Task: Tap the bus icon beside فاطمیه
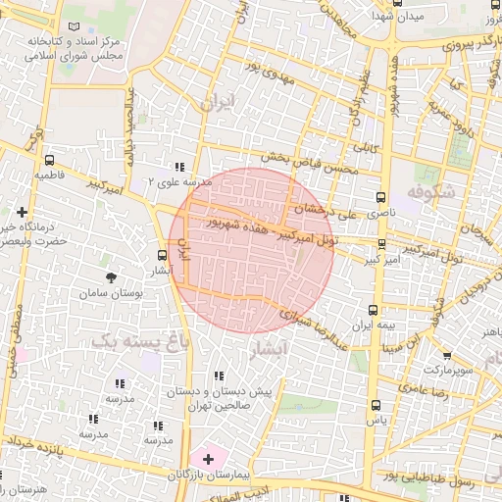50,160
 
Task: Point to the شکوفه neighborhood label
431,193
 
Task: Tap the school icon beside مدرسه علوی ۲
178,168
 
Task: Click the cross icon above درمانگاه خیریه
23,211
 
